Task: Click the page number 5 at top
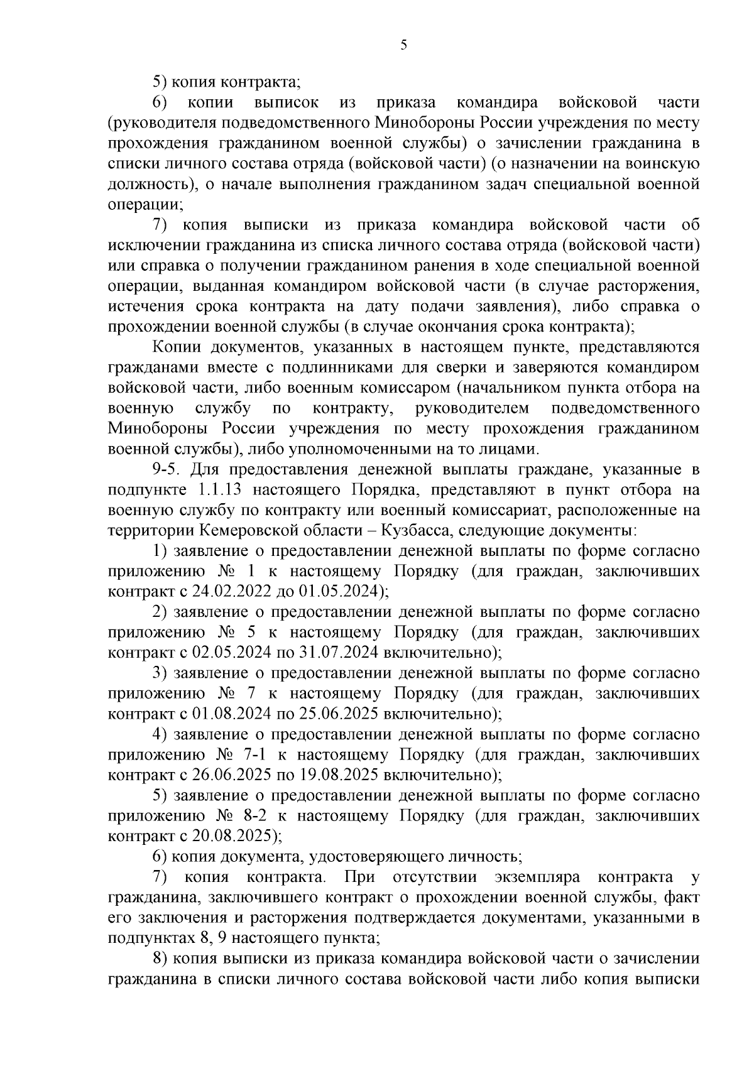[404, 45]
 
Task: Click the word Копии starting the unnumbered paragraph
[175, 347]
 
